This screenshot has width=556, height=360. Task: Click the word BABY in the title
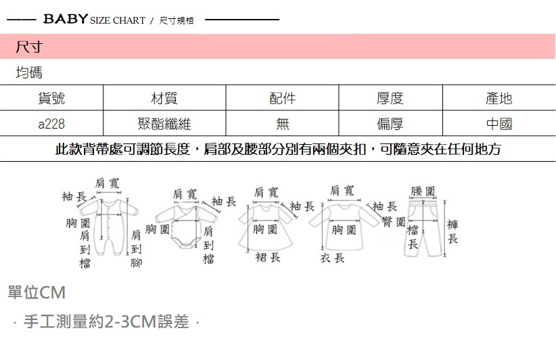pos(65,19)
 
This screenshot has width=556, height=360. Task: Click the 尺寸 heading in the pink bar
pos(29,47)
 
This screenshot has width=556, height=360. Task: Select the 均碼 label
pos(29,72)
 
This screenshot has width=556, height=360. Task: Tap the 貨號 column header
pos(51,99)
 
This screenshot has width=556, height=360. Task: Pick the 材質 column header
pos(164,99)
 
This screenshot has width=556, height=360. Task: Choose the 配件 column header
pos(282,99)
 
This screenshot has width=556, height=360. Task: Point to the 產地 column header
pos(499,99)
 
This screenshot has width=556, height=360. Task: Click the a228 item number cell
pos(51,125)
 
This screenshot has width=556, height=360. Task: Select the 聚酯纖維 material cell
pos(164,125)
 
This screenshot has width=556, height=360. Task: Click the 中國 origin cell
pos(499,125)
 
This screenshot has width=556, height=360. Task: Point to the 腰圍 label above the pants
pos(423,192)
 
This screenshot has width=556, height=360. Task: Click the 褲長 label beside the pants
pos(453,231)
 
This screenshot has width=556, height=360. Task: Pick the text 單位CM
pos(36,294)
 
